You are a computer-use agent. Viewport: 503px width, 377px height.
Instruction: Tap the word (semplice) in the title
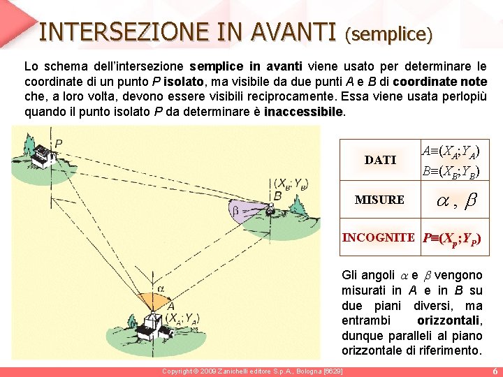389,32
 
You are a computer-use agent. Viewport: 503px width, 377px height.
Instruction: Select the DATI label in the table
380,160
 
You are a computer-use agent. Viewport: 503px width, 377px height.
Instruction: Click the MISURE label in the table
379,200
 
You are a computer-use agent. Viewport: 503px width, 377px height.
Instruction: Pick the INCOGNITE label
378,237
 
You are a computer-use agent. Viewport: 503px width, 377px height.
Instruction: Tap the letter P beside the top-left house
59,144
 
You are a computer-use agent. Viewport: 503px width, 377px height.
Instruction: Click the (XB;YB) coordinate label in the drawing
291,184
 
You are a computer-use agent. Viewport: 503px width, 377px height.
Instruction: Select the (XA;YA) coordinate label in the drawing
184,318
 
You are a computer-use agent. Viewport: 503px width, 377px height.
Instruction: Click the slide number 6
495,371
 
